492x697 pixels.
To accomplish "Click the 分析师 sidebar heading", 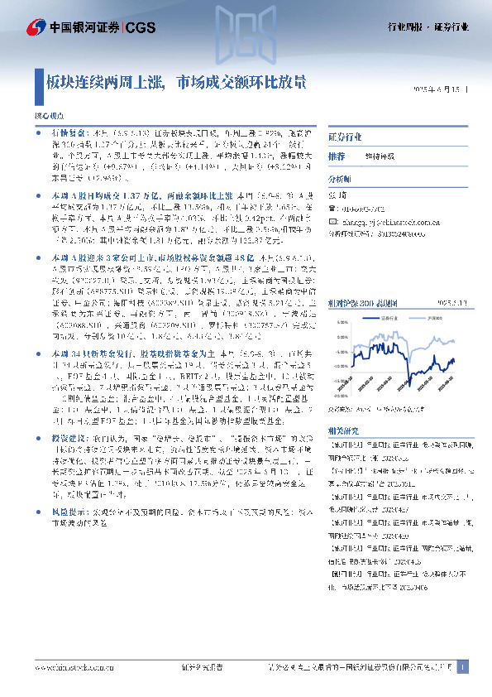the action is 340,179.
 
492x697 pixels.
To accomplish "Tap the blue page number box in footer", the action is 463,668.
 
